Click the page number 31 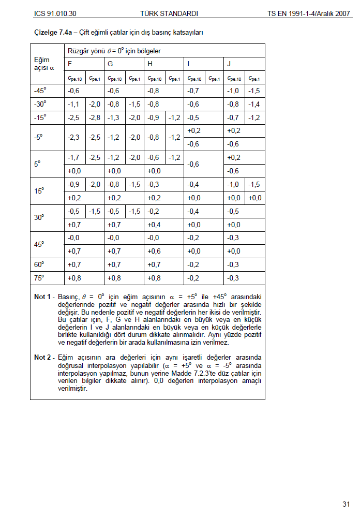click(346, 504)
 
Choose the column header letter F click(70, 64)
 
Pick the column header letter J click(229, 64)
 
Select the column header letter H click(150, 64)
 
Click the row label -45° click(40, 91)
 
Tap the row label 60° click(40, 264)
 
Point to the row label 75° click(40, 278)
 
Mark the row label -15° click(40, 117)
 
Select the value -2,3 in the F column click(73, 137)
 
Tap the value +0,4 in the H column click(154, 225)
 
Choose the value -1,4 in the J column click(253, 104)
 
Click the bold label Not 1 click(42, 298)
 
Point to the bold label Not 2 click(42, 358)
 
